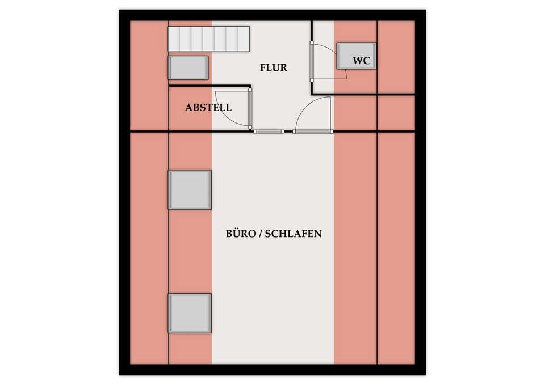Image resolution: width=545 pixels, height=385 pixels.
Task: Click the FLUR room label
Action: (274, 67)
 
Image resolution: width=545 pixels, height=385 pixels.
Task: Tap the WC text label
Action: (362, 61)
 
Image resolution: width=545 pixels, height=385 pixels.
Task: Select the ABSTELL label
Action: (208, 107)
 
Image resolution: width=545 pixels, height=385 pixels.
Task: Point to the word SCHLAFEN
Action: (294, 234)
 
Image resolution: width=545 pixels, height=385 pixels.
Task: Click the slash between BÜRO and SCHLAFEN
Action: (260, 234)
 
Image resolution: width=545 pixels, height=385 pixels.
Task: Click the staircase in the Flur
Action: (209, 39)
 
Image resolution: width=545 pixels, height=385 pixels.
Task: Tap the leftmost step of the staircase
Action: (174, 39)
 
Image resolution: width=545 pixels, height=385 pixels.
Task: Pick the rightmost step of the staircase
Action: (244, 39)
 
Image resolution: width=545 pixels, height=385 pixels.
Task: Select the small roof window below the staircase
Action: (188, 67)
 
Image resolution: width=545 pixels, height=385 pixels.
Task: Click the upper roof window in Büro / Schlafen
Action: (190, 190)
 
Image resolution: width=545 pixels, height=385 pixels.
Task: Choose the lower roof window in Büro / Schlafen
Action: (190, 313)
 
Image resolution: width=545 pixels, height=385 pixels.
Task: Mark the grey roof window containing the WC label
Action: (357, 56)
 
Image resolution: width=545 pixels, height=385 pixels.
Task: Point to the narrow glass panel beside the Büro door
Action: (269, 132)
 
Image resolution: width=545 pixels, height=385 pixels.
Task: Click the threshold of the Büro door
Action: (312, 132)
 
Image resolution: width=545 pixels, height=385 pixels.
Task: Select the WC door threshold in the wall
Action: (312, 61)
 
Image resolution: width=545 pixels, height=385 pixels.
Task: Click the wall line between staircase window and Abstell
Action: (209, 86)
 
